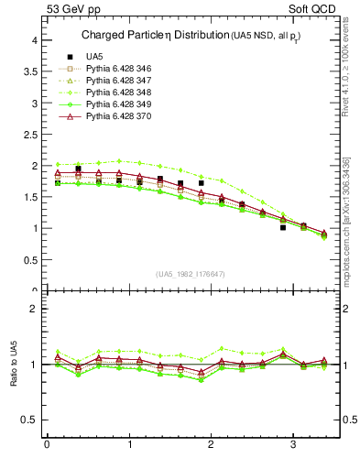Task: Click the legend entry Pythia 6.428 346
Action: point(120,69)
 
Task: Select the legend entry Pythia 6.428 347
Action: point(120,81)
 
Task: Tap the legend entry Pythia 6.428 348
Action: point(120,93)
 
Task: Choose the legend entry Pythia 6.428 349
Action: point(120,105)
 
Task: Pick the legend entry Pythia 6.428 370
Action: point(120,117)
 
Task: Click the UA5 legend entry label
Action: point(94,57)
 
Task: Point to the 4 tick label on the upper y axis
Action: point(35,40)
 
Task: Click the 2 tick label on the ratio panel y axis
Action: point(35,309)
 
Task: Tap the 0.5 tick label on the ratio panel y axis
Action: point(30,420)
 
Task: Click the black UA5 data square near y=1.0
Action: point(283,227)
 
